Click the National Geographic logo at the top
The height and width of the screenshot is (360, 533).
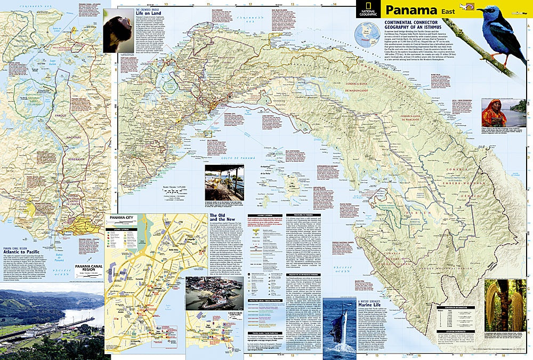[368, 11]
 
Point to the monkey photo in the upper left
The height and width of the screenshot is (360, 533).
[118, 30]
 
